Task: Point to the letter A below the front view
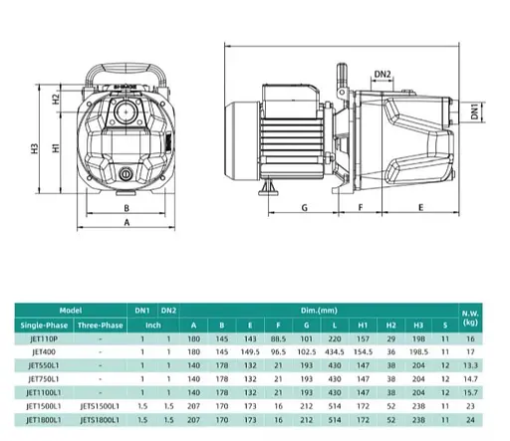[127, 224]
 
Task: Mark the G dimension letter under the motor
[303, 208]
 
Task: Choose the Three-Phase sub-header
[100, 325]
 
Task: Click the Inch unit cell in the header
[154, 325]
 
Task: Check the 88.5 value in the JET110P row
[278, 338]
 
